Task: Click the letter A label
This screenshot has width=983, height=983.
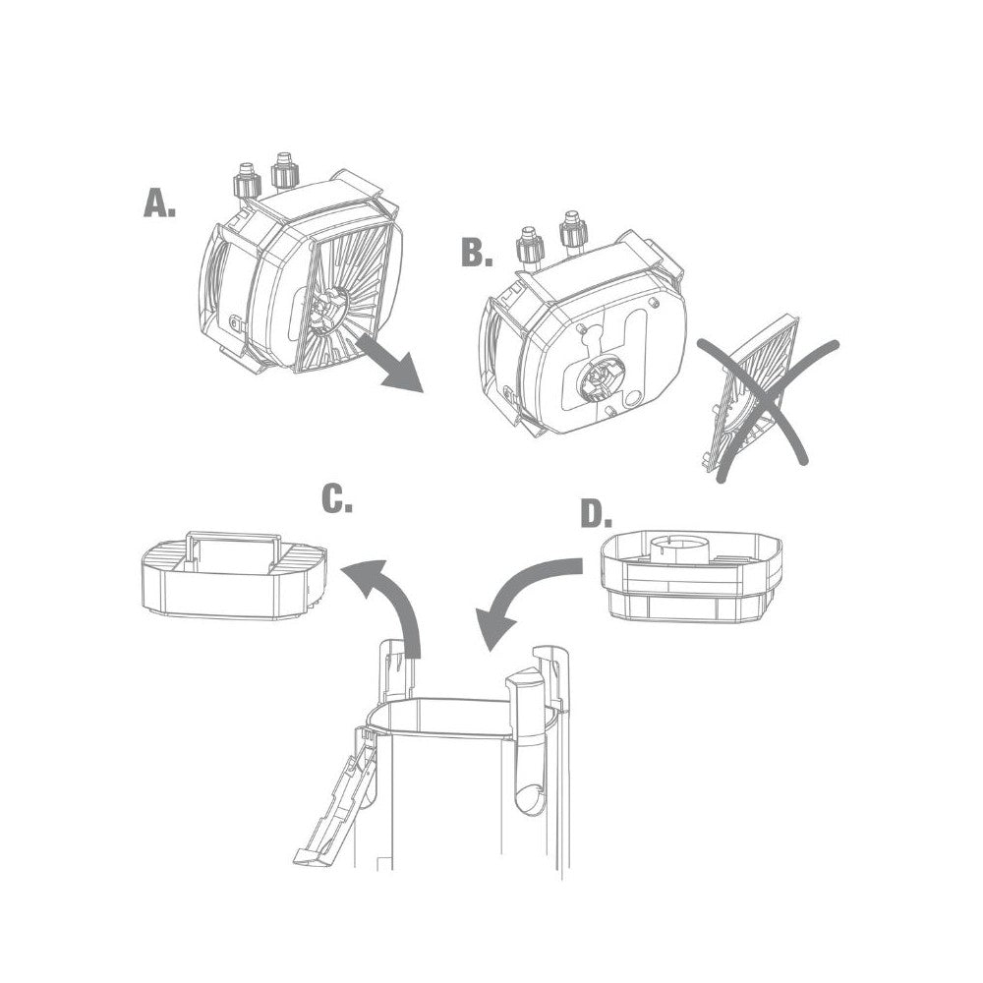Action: click(159, 203)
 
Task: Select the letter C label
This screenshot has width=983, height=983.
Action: click(336, 499)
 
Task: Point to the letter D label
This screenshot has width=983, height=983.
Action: click(597, 514)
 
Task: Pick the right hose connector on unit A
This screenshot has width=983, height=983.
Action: click(284, 170)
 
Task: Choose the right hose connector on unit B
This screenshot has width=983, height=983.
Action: click(572, 230)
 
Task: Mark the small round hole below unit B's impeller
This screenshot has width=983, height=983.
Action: click(632, 399)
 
